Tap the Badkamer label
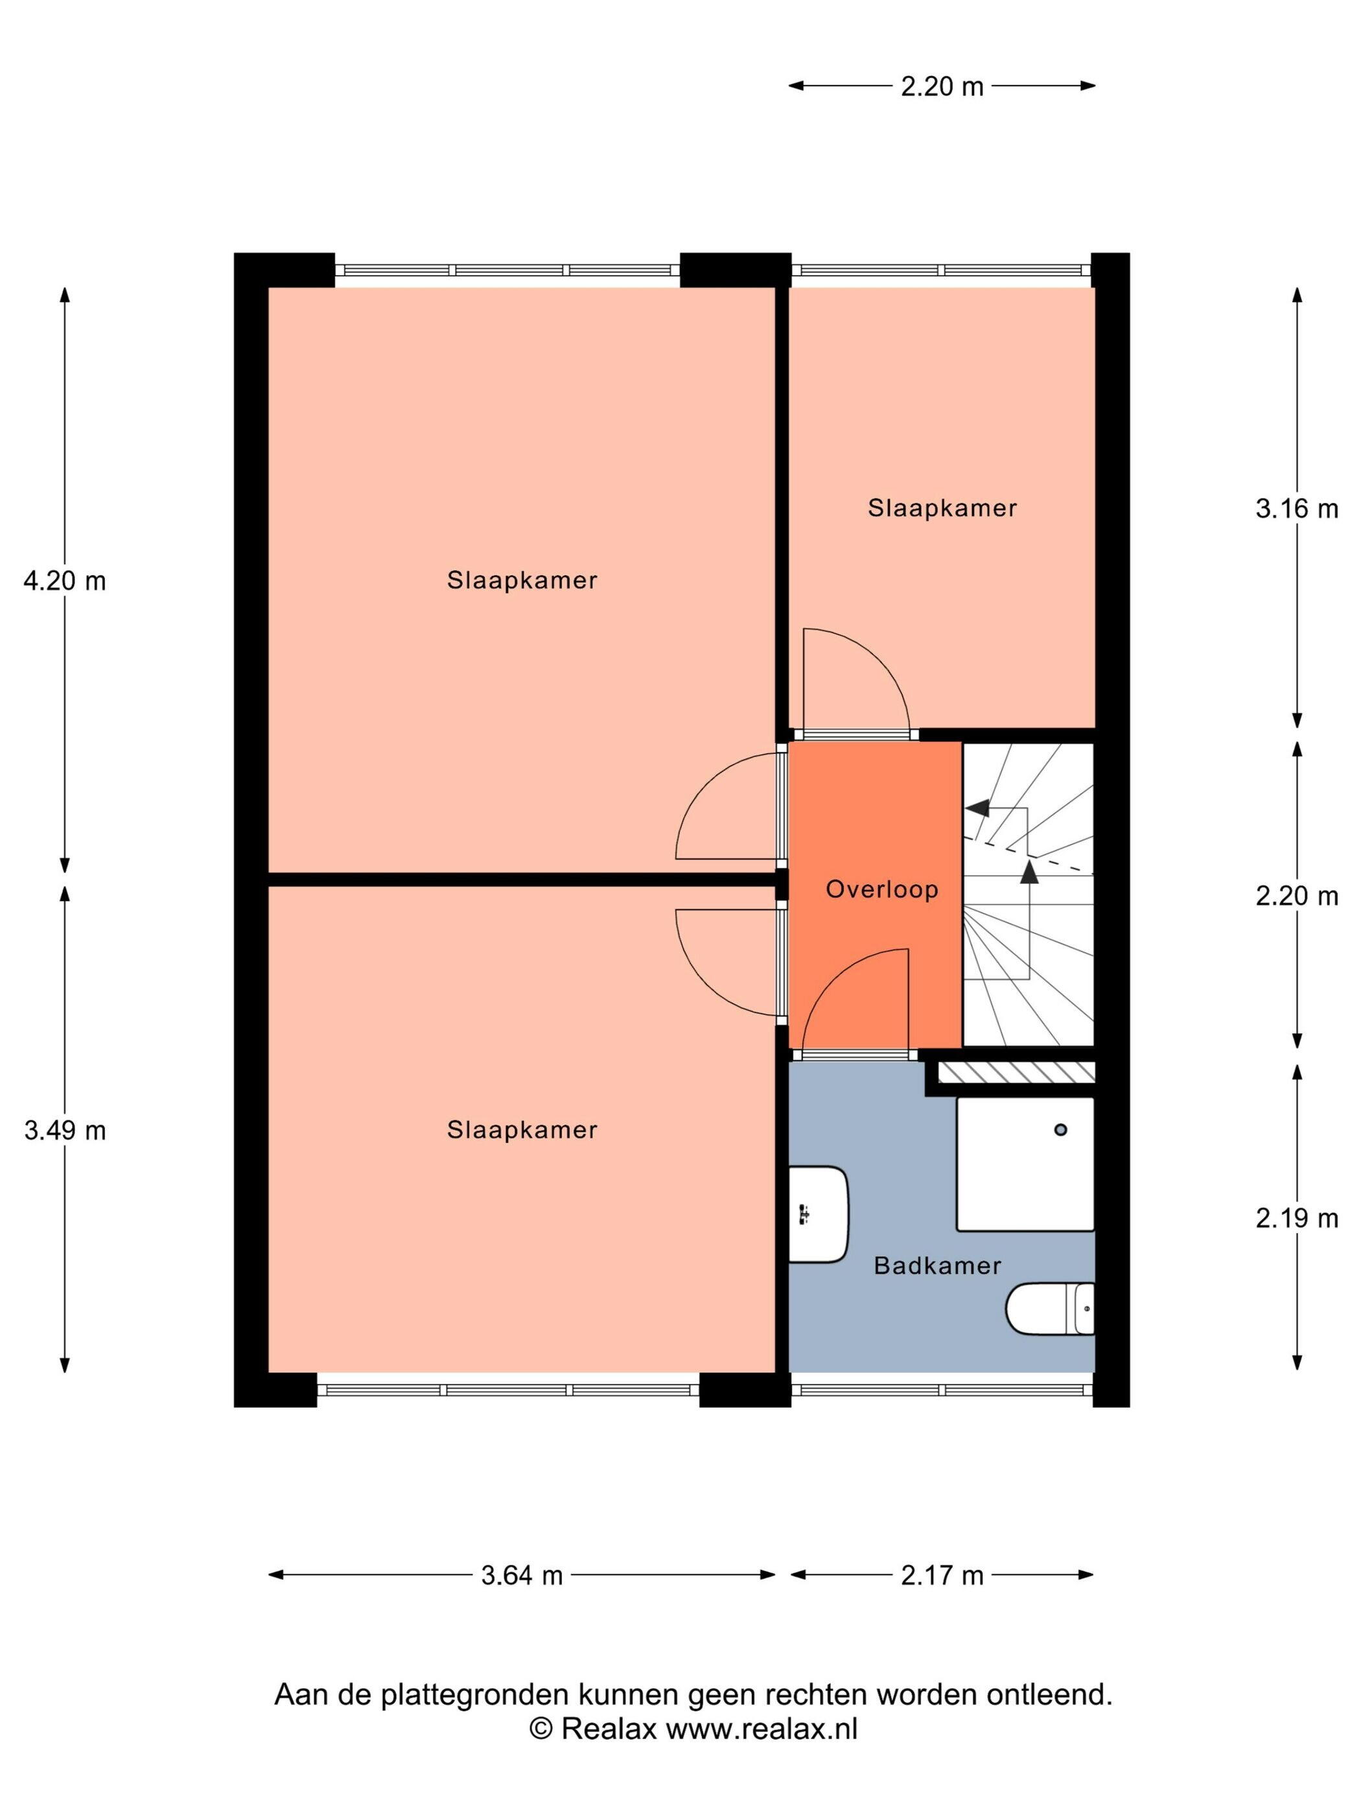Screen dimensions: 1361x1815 click(x=937, y=1265)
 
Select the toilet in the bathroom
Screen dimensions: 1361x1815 click(x=1050, y=1309)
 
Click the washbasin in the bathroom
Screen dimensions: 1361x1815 click(x=818, y=1213)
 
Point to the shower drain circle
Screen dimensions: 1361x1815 click(x=1061, y=1130)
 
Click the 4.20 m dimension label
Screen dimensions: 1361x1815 click(x=65, y=581)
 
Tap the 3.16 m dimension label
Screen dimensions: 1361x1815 click(x=1297, y=509)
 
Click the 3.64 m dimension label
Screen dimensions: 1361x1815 click(x=522, y=1575)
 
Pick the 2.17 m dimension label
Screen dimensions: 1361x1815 click(x=942, y=1575)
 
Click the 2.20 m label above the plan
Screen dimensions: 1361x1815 click(x=942, y=86)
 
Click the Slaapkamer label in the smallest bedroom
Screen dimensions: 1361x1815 click(x=942, y=508)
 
